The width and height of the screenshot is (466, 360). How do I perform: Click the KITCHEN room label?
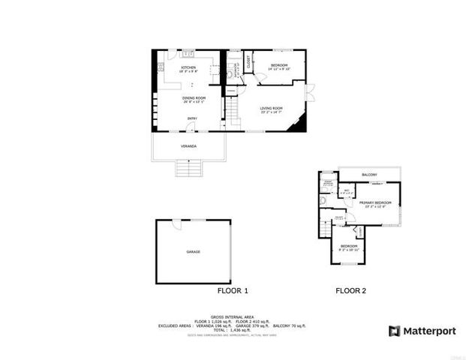click(188, 67)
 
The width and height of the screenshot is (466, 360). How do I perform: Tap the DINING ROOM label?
click(193, 98)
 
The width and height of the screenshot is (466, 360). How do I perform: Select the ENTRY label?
click(192, 118)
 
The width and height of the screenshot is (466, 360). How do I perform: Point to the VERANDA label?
click(188, 146)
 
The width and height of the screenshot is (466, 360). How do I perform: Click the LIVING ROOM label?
click(271, 110)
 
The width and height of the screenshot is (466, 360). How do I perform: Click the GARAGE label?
click(193, 252)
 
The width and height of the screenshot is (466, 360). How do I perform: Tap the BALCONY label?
click(369, 175)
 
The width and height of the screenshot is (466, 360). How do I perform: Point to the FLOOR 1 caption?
click(233, 291)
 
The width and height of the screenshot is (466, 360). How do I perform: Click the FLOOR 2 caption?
click(350, 291)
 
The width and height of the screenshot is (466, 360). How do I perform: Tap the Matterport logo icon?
click(394, 331)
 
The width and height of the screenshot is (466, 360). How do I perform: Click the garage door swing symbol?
click(175, 224)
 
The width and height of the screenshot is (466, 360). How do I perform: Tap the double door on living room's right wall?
click(308, 94)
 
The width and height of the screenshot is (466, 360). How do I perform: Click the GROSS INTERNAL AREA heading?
click(232, 317)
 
